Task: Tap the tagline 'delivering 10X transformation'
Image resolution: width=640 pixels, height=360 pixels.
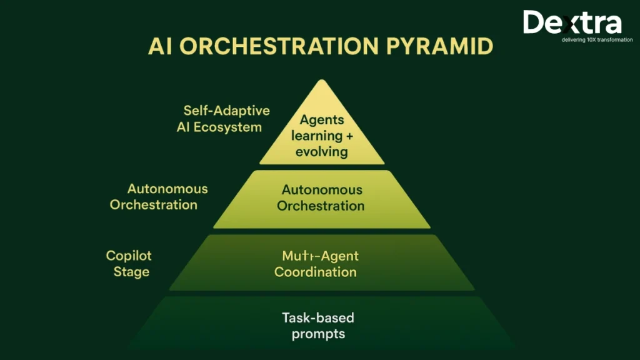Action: pyautogui.click(x=579, y=40)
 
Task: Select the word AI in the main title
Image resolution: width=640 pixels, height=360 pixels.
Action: pyautogui.click(x=161, y=46)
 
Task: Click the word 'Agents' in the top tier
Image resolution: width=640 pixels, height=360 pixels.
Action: pyautogui.click(x=322, y=120)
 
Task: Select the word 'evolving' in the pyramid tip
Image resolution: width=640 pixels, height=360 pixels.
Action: pyautogui.click(x=322, y=152)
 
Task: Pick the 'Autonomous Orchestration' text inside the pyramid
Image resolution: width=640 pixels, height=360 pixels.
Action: pyautogui.click(x=321, y=197)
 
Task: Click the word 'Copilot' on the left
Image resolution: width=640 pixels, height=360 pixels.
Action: pyautogui.click(x=129, y=256)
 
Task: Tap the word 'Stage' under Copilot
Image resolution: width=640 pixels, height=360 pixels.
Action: pyautogui.click(x=131, y=272)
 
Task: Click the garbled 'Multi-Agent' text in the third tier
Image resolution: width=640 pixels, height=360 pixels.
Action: pyautogui.click(x=320, y=256)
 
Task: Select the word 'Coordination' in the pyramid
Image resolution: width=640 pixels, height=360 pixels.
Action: pyautogui.click(x=316, y=272)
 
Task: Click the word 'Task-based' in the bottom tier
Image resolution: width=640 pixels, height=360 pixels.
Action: pyautogui.click(x=317, y=317)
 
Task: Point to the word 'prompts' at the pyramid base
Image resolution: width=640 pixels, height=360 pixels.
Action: pyautogui.click(x=318, y=334)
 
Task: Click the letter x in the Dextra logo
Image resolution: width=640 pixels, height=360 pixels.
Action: pyautogui.click(x=564, y=24)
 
